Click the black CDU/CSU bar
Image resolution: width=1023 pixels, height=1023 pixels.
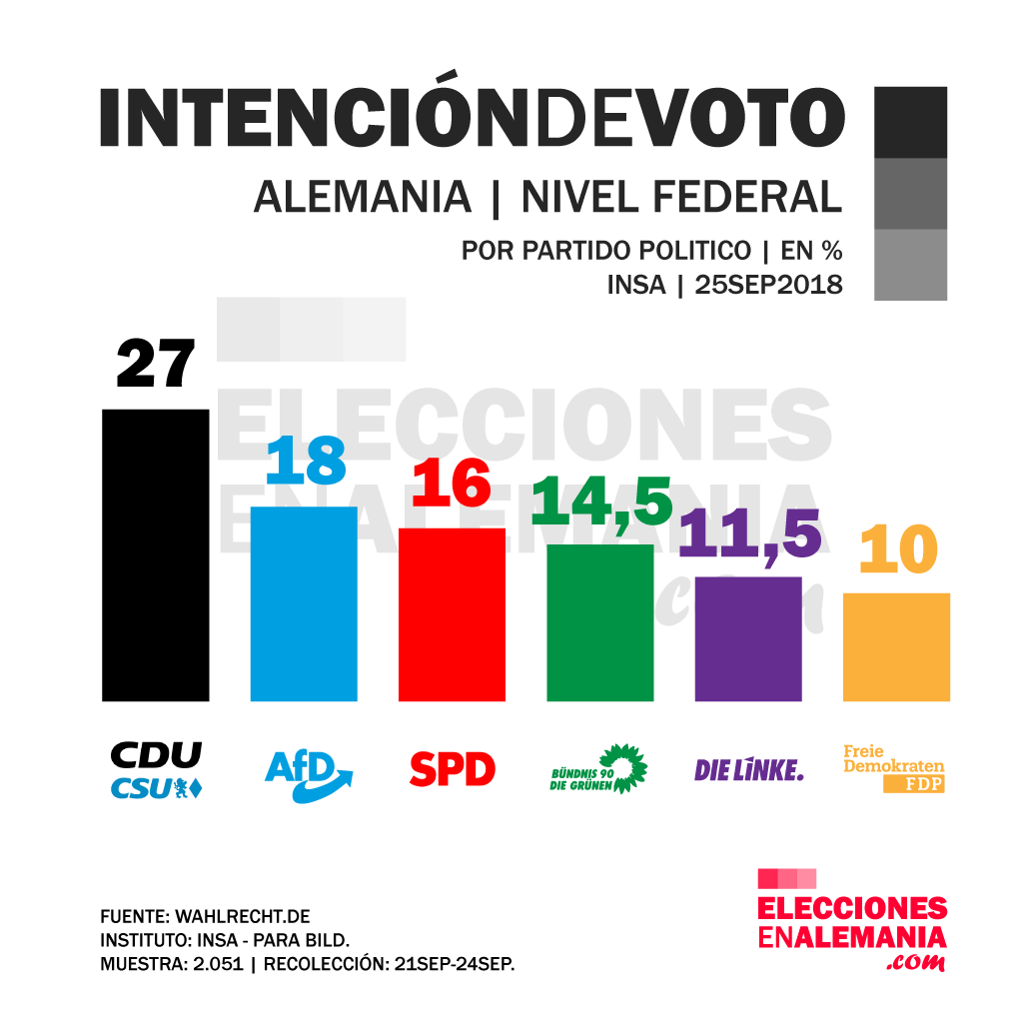[156, 554]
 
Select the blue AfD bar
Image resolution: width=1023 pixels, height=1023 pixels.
[304, 603]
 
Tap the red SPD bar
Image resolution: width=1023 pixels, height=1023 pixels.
[452, 613]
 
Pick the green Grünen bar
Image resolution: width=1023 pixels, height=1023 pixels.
[599, 621]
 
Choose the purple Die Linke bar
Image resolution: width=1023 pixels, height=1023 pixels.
[748, 638]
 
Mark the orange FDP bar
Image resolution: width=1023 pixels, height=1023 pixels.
[896, 646]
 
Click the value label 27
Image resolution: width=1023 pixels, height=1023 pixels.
[155, 364]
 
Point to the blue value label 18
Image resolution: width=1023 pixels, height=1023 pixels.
[306, 462]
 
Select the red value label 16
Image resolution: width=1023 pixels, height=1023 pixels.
[452, 485]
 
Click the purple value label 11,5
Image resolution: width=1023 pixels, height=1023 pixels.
[749, 533]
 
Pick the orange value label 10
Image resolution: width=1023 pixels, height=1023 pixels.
[897, 549]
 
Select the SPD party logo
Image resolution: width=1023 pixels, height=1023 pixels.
[452, 769]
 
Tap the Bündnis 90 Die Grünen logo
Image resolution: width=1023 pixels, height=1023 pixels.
[599, 769]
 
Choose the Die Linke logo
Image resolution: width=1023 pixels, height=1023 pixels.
[748, 769]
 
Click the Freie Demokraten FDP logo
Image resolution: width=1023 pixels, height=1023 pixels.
[894, 769]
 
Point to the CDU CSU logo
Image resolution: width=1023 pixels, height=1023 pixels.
[156, 770]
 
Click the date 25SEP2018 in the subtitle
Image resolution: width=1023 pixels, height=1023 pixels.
[768, 285]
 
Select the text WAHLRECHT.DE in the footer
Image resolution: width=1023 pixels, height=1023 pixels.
[243, 916]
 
